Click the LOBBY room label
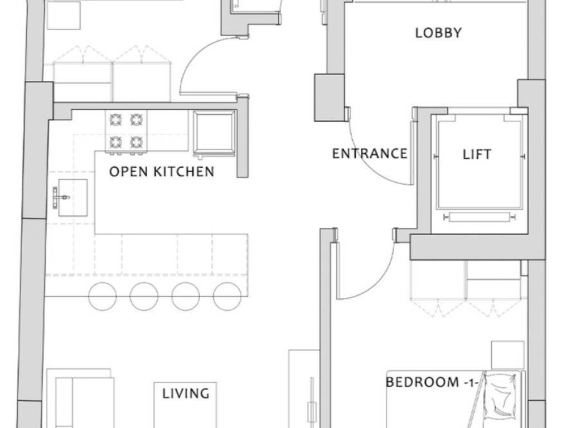pyautogui.click(x=438, y=33)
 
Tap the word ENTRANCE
pyautogui.click(x=370, y=154)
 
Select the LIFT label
pyautogui.click(x=477, y=154)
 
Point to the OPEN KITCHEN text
pyautogui.click(x=162, y=172)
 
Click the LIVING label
pyautogui.click(x=186, y=393)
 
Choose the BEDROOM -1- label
pyautogui.click(x=431, y=382)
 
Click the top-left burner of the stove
pyautogui.click(x=116, y=119)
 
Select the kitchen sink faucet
pyautogui.click(x=60, y=198)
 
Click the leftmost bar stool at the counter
pyautogui.click(x=103, y=296)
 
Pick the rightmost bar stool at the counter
pyautogui.click(x=228, y=296)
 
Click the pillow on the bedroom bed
pyautogui.click(x=502, y=397)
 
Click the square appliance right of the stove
pyautogui.click(x=214, y=133)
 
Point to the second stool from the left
pyautogui.click(x=144, y=296)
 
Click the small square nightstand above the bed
pyautogui.click(x=507, y=355)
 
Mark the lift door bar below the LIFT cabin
pyautogui.click(x=479, y=217)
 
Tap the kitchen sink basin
pyautogui.click(x=73, y=198)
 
